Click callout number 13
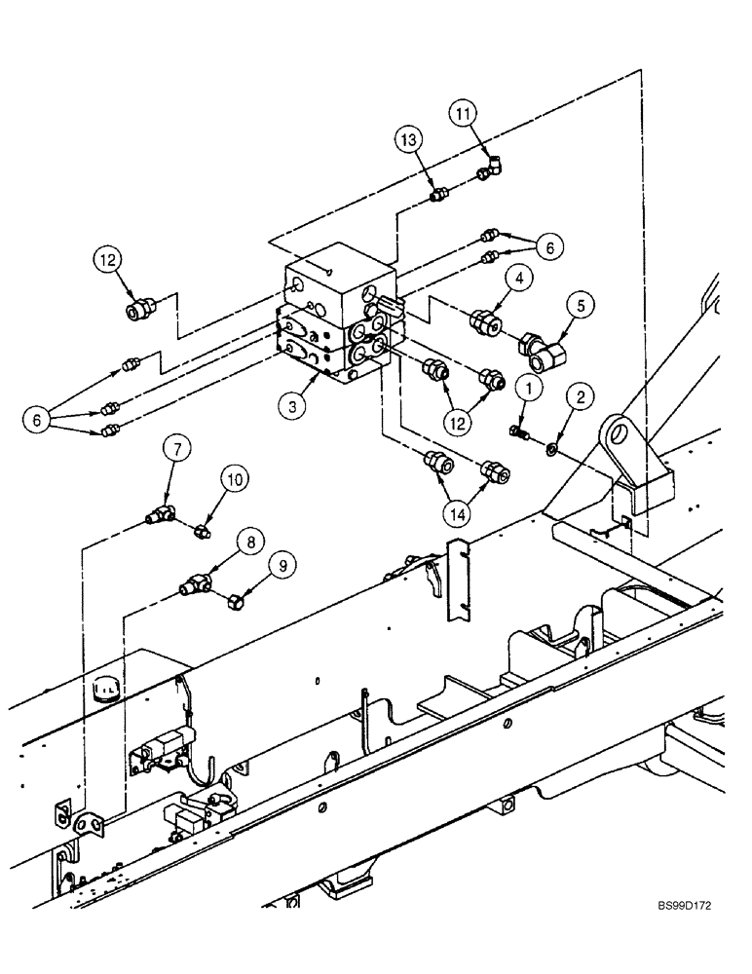408,141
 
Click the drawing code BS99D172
682,933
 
